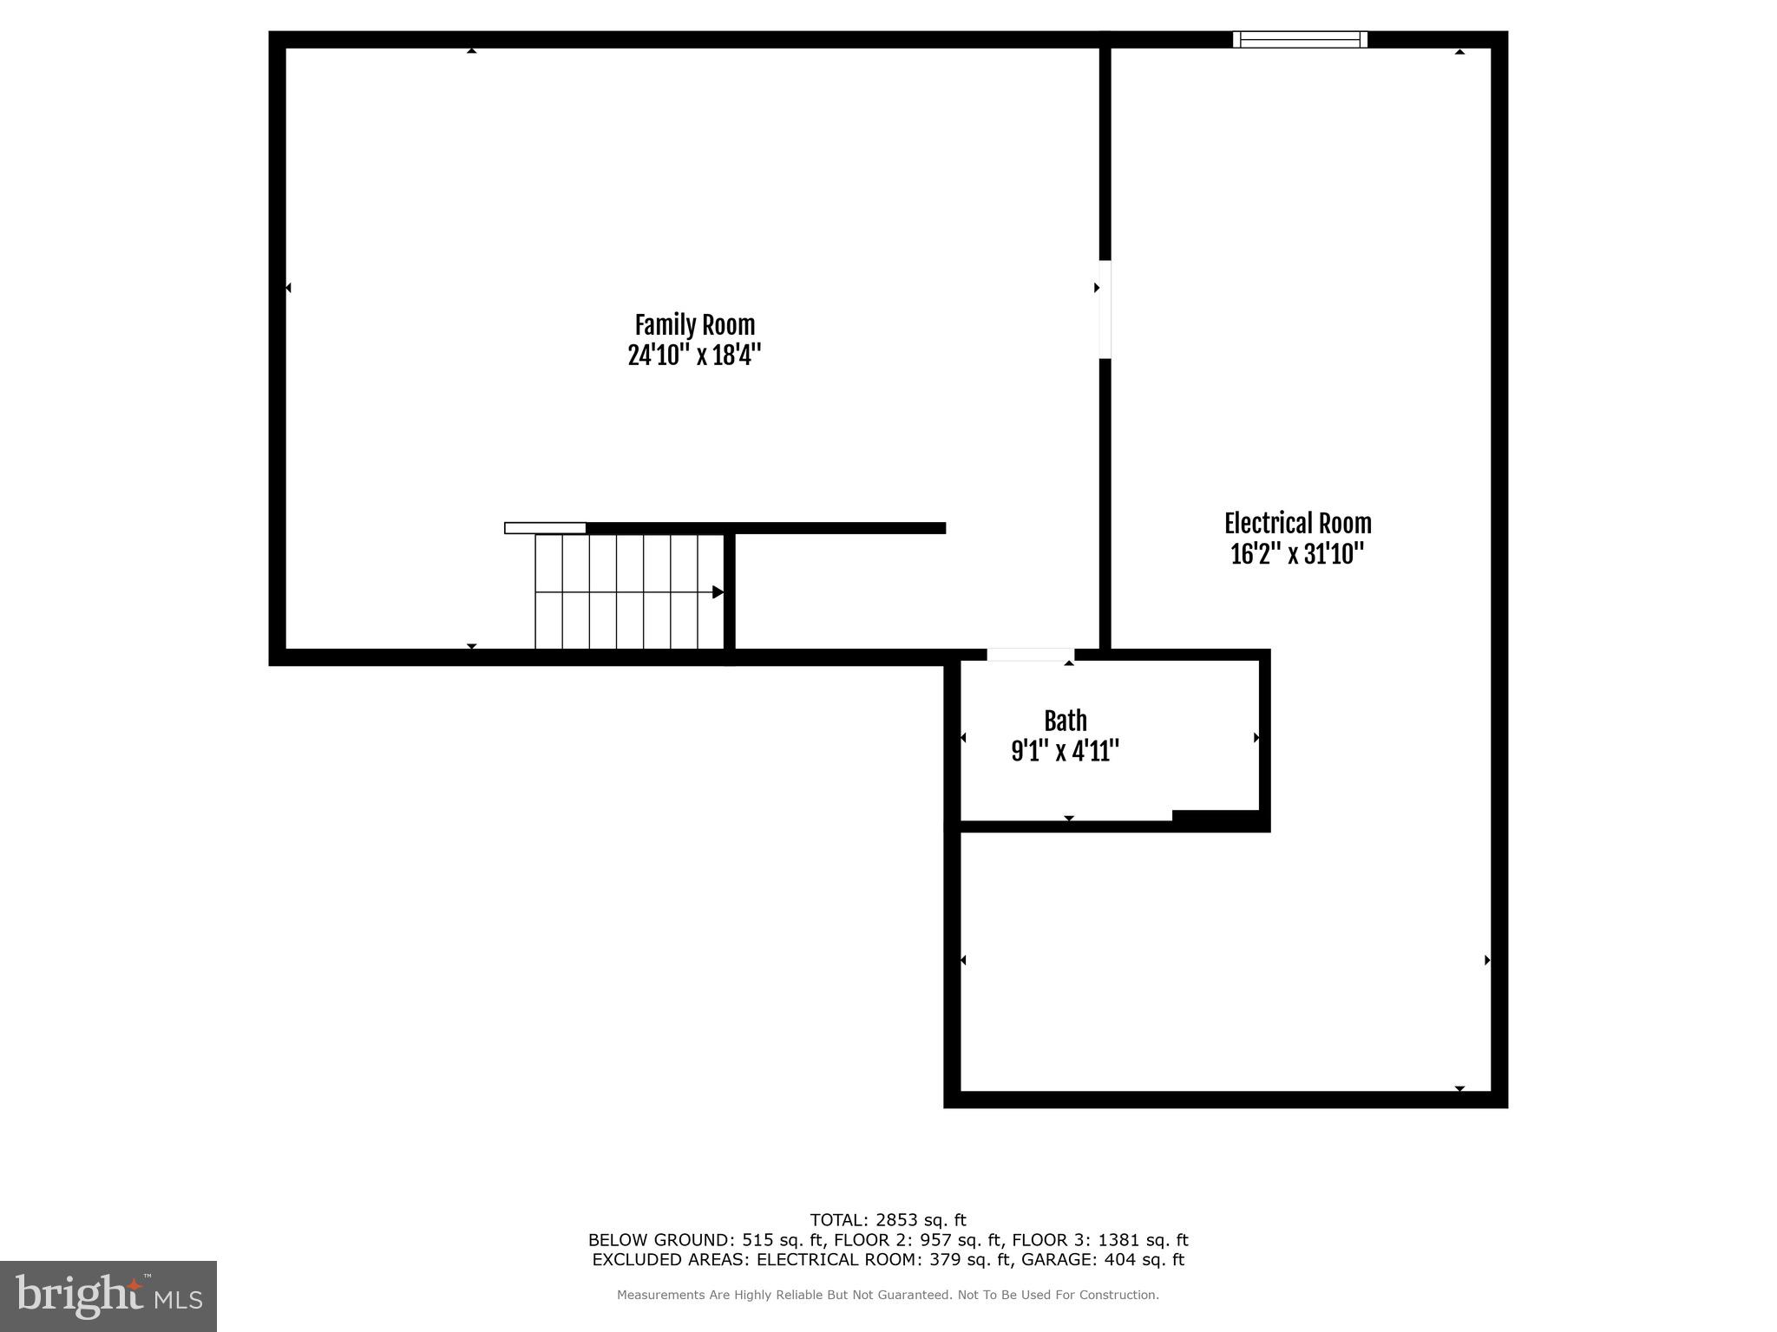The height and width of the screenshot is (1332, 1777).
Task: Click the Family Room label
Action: coord(694,325)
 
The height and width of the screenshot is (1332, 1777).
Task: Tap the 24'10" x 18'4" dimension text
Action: coord(694,355)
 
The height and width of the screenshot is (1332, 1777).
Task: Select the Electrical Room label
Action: coord(1297,524)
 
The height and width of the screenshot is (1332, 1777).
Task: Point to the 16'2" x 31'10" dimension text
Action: coord(1297,553)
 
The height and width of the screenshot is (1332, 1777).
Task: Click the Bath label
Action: coord(1065,721)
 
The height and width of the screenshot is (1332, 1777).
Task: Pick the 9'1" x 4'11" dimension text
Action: coord(1065,751)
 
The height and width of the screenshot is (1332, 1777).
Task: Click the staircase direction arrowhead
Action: coord(718,592)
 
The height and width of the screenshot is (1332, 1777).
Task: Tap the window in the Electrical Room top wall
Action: coord(1300,39)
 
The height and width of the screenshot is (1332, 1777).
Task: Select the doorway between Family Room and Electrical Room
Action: coord(1105,309)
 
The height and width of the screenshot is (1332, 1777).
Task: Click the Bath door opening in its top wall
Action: coord(1030,655)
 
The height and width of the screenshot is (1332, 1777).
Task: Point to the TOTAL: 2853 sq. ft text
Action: coord(888,1220)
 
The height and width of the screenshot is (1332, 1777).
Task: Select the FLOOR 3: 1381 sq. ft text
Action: coord(1100,1240)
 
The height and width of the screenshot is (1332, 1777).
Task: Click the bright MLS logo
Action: coord(108,1296)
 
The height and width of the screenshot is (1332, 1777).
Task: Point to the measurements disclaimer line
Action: coord(888,1295)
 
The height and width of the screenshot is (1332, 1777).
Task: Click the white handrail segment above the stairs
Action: coord(545,528)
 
